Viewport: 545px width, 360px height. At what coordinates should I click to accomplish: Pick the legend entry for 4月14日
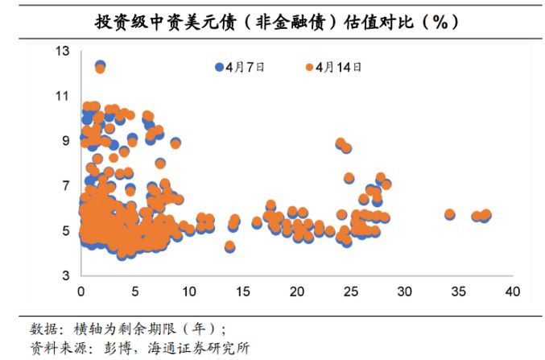point(332,67)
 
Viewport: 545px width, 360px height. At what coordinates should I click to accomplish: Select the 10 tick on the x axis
point(188,291)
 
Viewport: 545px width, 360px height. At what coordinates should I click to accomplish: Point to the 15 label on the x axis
point(242,291)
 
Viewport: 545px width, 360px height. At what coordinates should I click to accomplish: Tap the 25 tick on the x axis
point(350,291)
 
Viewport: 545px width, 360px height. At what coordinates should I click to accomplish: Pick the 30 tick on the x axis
point(404,291)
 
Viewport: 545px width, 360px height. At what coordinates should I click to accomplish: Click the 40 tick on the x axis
point(512,291)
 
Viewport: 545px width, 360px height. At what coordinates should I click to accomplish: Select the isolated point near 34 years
point(449,214)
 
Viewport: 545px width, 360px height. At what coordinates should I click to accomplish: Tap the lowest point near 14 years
point(229,246)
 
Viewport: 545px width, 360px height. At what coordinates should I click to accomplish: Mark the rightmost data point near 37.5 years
point(485,215)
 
